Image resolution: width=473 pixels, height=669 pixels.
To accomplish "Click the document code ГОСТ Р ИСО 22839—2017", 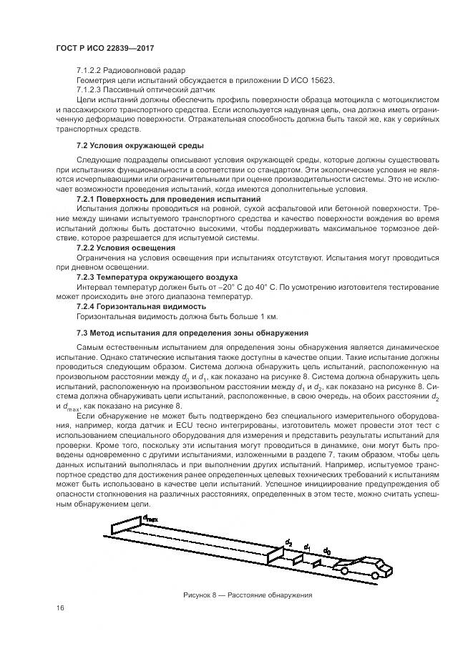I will [x=105, y=47].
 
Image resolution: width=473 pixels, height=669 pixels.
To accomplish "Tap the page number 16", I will [x=59, y=608].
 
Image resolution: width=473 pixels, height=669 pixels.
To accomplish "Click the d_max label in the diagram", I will [x=150, y=517].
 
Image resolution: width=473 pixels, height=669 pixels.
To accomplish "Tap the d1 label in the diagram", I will [x=308, y=547].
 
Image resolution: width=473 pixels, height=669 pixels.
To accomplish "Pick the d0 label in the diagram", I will [x=326, y=551].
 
